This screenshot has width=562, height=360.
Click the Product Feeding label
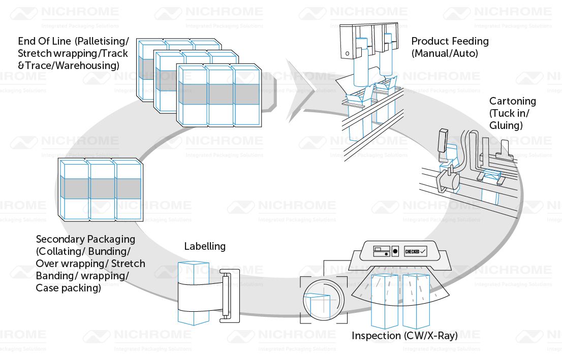pyautogui.click(x=450, y=41)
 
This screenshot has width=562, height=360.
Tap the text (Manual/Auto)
pyautogui.click(x=445, y=53)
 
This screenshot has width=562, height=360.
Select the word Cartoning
pyautogui.click(x=512, y=101)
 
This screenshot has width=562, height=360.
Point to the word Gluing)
pyautogui.click(x=506, y=125)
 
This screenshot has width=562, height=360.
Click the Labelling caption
pyautogui.click(x=205, y=246)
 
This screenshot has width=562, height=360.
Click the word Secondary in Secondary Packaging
pyautogui.click(x=55, y=239)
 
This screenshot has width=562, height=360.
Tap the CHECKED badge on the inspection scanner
pyautogui.click(x=415, y=251)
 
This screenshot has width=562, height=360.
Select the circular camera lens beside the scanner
pyautogui.click(x=323, y=300)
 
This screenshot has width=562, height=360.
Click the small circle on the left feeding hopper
pyautogui.click(x=347, y=53)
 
